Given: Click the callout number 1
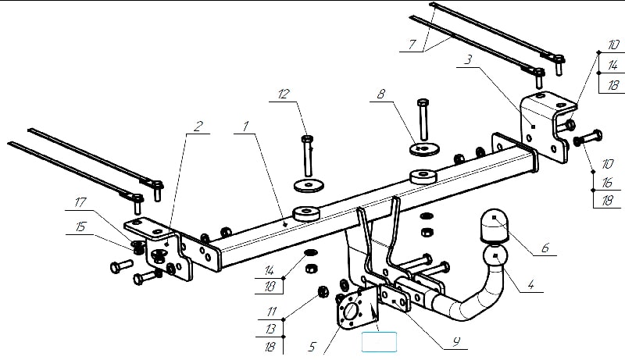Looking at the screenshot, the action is pos(246,127).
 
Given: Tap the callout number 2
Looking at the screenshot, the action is pos(198,127).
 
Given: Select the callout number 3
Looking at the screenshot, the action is pos(468,60).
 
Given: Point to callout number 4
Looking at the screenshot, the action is pos(530,285).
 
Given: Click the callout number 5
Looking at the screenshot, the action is pos(312,347).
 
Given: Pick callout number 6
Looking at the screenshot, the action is pos(545,248).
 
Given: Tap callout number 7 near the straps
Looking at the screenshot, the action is pos(412,45).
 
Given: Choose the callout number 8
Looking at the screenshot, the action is pos(381,94).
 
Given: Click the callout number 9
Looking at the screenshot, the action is pos(456,341).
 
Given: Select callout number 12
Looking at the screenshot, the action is pos(284,94).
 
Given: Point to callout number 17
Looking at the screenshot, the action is pos(80,202).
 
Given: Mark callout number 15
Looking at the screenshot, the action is pos(80,226).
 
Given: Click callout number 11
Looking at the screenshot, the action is pos(272,311).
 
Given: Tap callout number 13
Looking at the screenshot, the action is pos(270,329).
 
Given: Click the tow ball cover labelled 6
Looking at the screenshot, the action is pos(495,226).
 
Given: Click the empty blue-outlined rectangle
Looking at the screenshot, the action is pos(379,342).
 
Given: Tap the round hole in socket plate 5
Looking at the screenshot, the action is pos(350,311).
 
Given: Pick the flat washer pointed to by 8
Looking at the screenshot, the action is pos(424,149).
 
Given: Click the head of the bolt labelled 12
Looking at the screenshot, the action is pos(307,139).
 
